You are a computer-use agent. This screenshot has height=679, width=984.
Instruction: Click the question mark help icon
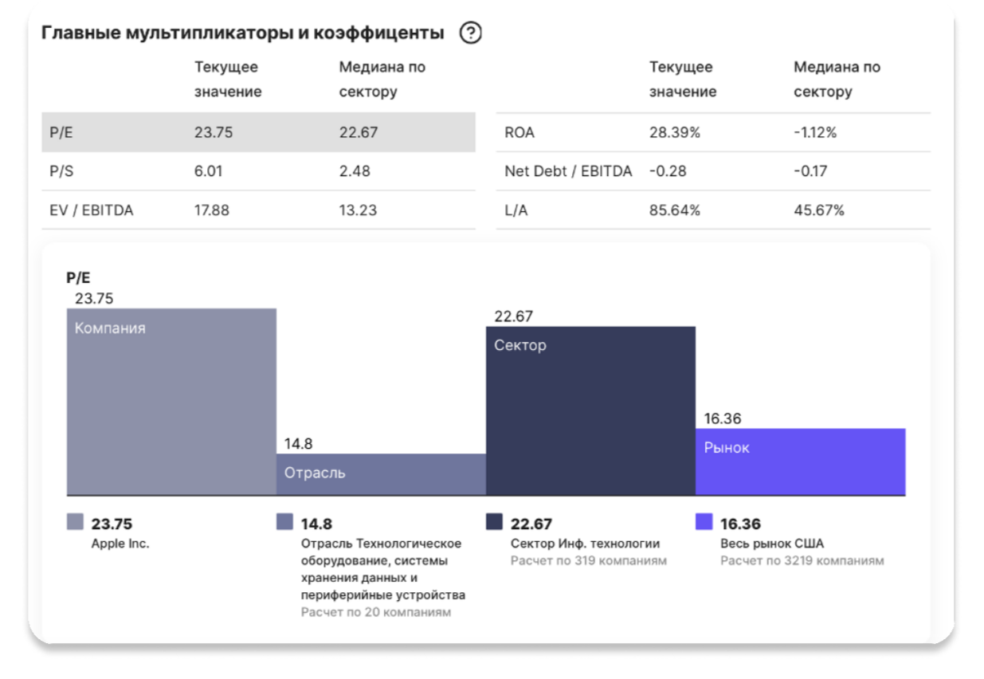471,33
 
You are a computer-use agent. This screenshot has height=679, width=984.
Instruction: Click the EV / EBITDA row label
91,210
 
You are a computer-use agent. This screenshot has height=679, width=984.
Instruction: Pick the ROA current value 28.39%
674,132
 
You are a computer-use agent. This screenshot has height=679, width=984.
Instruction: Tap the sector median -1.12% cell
815,132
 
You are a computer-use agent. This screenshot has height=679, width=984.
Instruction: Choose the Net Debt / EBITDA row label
567,171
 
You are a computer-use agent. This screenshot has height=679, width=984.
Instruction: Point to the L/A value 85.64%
674,210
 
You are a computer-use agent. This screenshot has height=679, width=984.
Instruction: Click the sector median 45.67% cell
818,210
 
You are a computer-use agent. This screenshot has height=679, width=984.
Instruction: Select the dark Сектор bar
590,410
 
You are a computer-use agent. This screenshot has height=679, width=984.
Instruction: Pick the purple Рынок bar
800,461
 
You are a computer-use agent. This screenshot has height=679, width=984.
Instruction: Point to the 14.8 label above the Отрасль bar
298,444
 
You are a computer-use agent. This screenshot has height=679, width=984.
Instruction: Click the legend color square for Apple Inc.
75,522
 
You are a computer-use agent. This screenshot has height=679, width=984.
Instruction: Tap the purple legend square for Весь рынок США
704,522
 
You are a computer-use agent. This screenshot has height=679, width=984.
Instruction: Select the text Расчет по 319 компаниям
588,560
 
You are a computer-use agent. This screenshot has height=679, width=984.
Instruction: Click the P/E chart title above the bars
78,278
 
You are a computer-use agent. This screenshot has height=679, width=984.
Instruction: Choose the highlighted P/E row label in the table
61,132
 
